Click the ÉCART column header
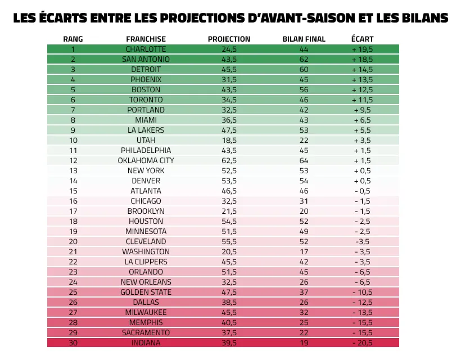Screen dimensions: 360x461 click(x=362, y=39)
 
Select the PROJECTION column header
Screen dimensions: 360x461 click(x=229, y=39)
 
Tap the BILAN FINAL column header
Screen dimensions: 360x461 click(x=303, y=39)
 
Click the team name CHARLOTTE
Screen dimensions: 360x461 click(x=146, y=49)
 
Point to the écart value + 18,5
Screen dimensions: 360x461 click(x=363, y=59)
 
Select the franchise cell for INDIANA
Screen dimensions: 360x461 click(x=146, y=343)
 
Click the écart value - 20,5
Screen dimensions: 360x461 click(x=363, y=343)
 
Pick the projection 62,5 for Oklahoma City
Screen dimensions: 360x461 click(x=229, y=160)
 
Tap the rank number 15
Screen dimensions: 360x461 click(x=73, y=191)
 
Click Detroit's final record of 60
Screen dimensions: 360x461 click(x=303, y=69)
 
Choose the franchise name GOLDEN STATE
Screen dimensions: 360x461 click(x=146, y=292)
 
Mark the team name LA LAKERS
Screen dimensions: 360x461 click(x=146, y=130)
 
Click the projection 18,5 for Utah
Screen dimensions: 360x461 click(x=229, y=140)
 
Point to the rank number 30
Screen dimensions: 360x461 click(x=73, y=343)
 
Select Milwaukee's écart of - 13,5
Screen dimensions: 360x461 click(x=363, y=312)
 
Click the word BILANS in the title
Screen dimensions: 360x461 click(x=418, y=18)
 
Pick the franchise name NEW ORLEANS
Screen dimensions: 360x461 click(x=146, y=282)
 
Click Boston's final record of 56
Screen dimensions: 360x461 click(x=303, y=89)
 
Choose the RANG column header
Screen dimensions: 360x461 click(x=73, y=39)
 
